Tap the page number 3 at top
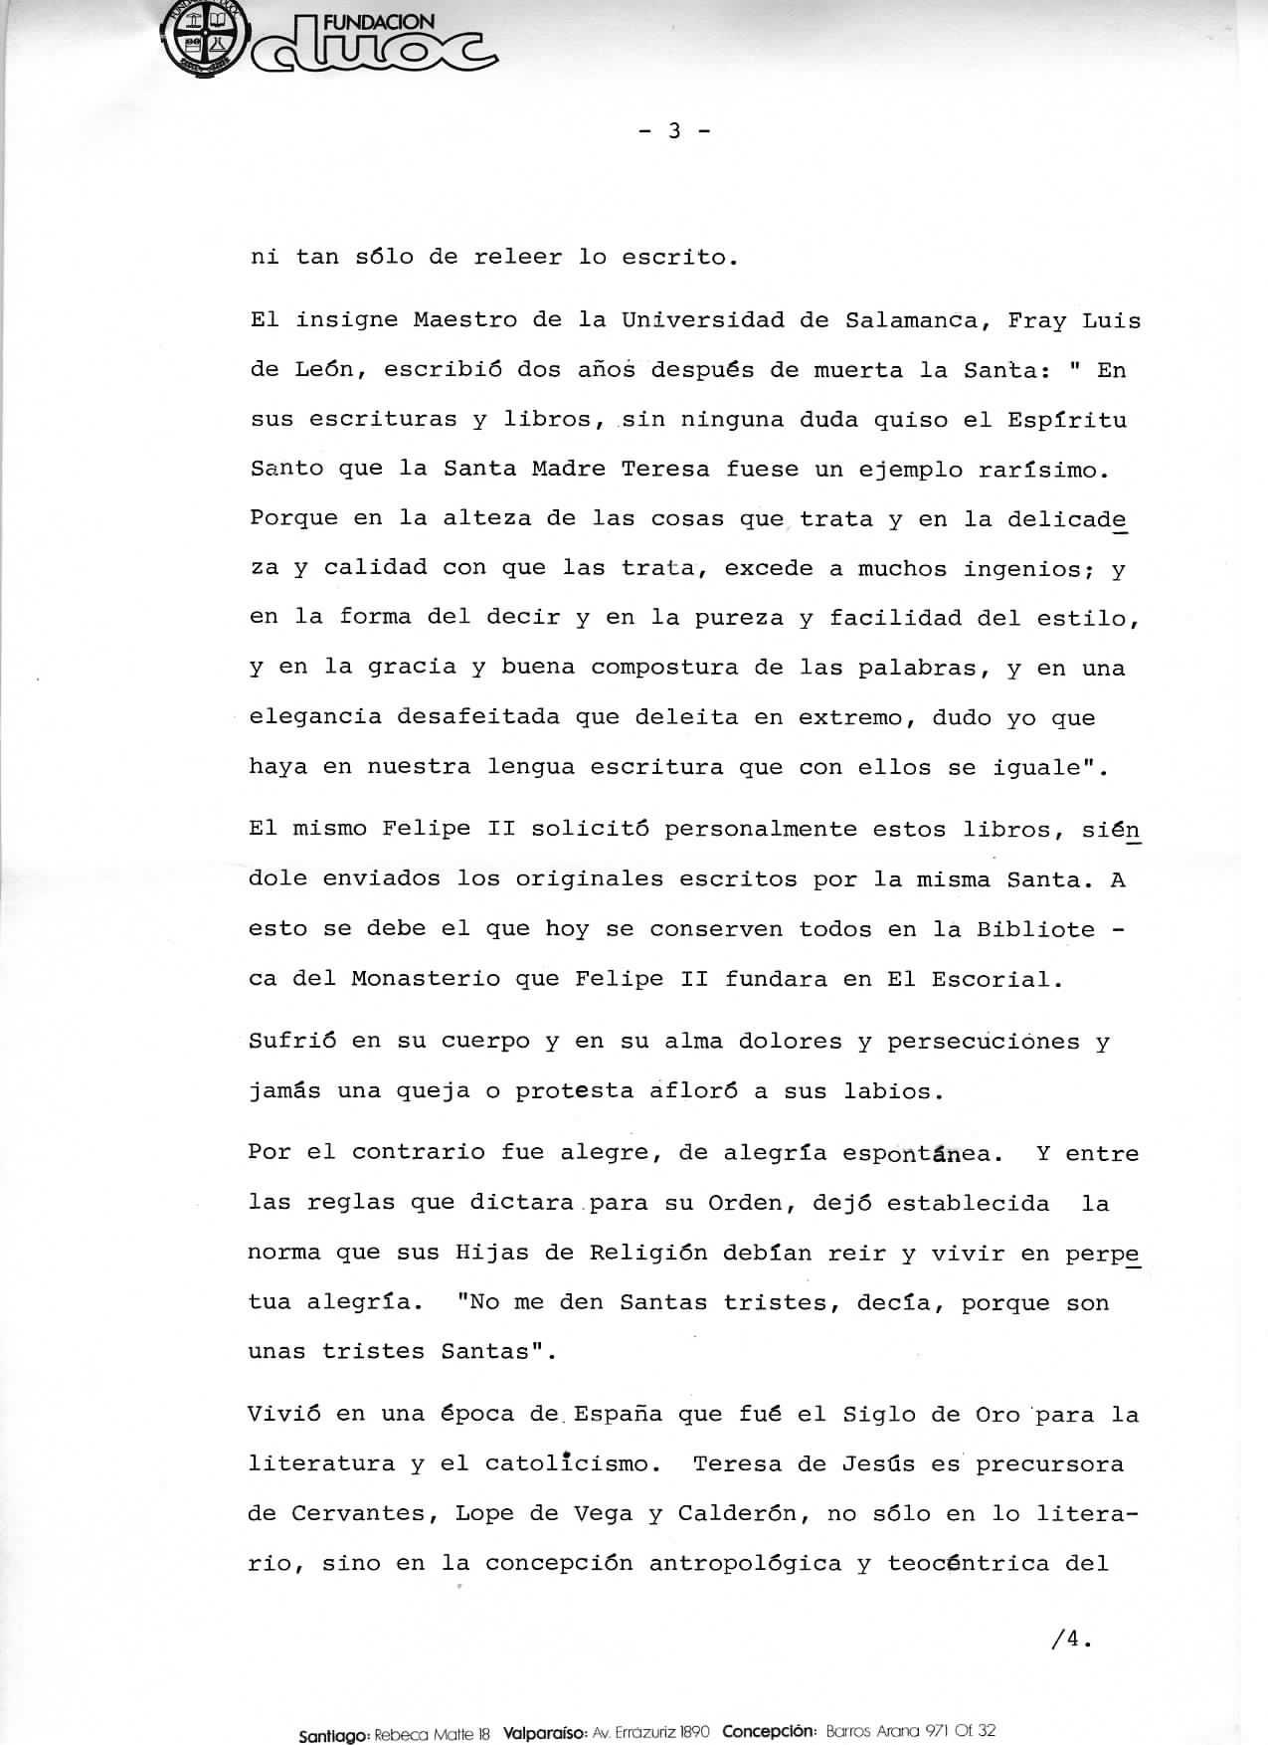click(x=674, y=130)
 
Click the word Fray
click(x=1037, y=320)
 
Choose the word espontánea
click(x=916, y=1154)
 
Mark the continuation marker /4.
click(x=1070, y=1641)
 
